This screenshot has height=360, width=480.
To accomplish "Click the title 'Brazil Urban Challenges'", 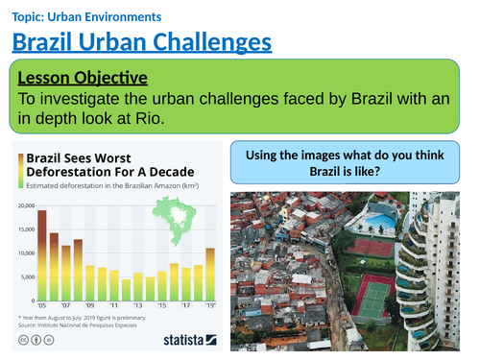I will [142, 43].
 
